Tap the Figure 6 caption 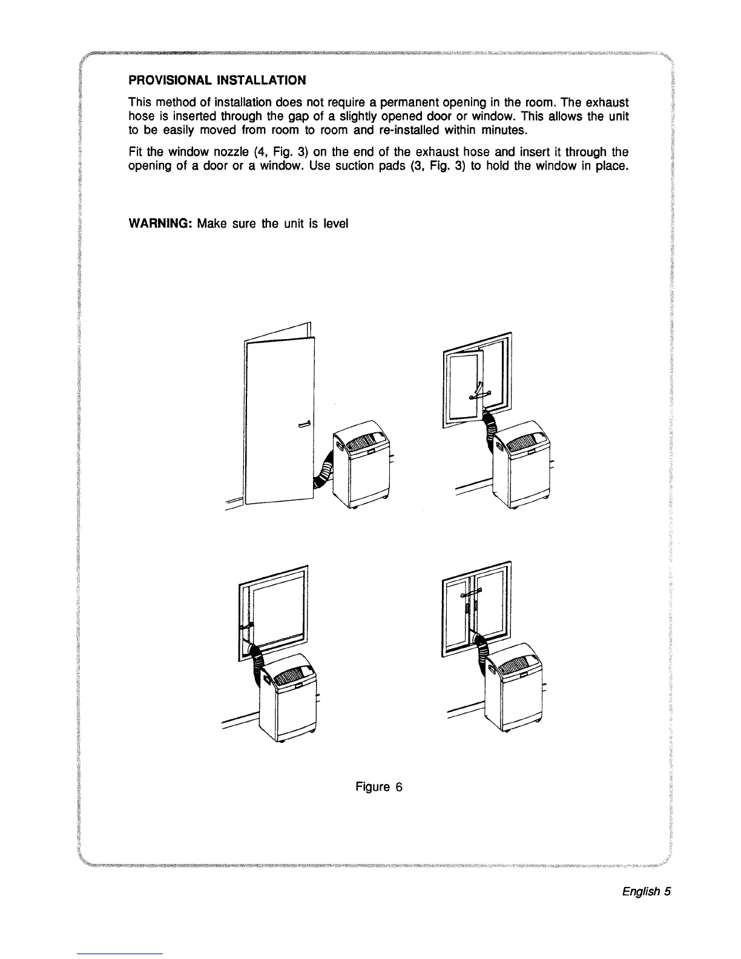click(x=379, y=786)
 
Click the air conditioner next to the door click(x=360, y=466)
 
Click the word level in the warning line click(x=335, y=223)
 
